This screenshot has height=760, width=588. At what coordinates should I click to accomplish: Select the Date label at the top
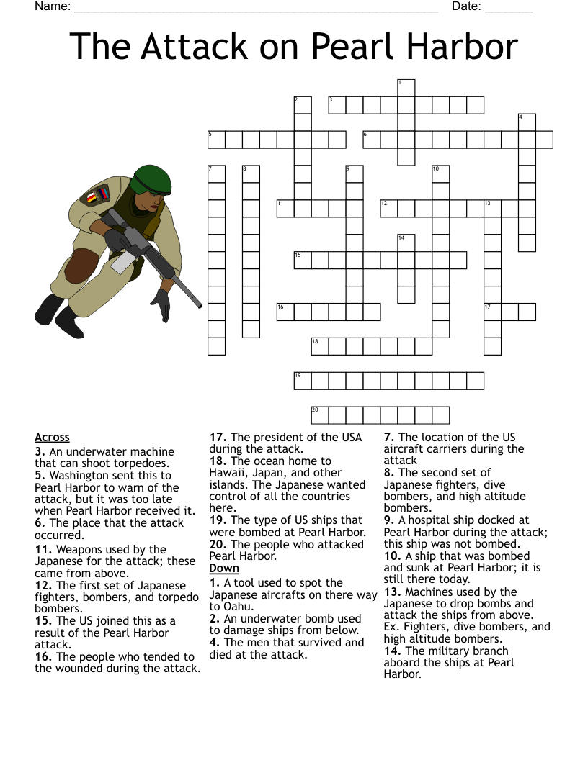[466, 6]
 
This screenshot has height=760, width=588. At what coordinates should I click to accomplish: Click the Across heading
[52, 437]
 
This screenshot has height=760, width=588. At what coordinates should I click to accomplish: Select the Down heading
[224, 569]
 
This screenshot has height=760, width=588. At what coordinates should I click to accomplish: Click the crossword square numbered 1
[406, 88]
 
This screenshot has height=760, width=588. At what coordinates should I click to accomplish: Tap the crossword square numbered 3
[337, 105]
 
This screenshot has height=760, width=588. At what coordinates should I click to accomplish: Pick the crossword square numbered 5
[216, 140]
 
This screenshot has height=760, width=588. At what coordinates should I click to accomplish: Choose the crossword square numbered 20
[320, 415]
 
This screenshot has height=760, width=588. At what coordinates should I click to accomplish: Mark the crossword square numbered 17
[493, 312]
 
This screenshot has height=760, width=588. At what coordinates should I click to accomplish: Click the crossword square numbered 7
[216, 174]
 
